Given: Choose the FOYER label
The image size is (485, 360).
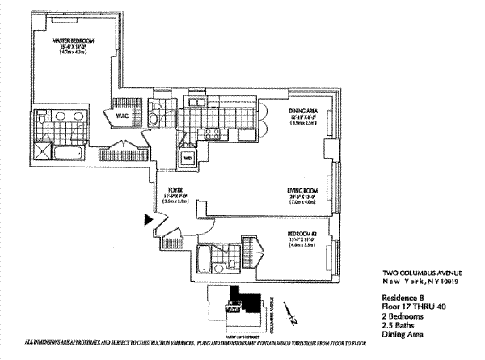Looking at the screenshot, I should tap(176, 193).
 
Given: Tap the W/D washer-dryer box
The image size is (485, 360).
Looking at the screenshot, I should tap(188, 158).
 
